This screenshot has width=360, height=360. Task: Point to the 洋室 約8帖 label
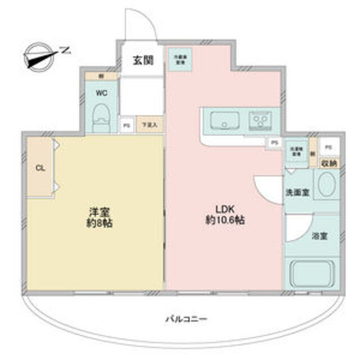pyautogui.click(x=98, y=216)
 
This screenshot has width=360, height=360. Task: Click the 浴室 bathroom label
pyautogui.click(x=321, y=236)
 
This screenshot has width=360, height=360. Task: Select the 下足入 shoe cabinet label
pyautogui.click(x=149, y=125)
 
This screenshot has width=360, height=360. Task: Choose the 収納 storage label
pyautogui.click(x=329, y=163)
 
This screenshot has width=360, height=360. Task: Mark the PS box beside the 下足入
pyautogui.click(x=126, y=125)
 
